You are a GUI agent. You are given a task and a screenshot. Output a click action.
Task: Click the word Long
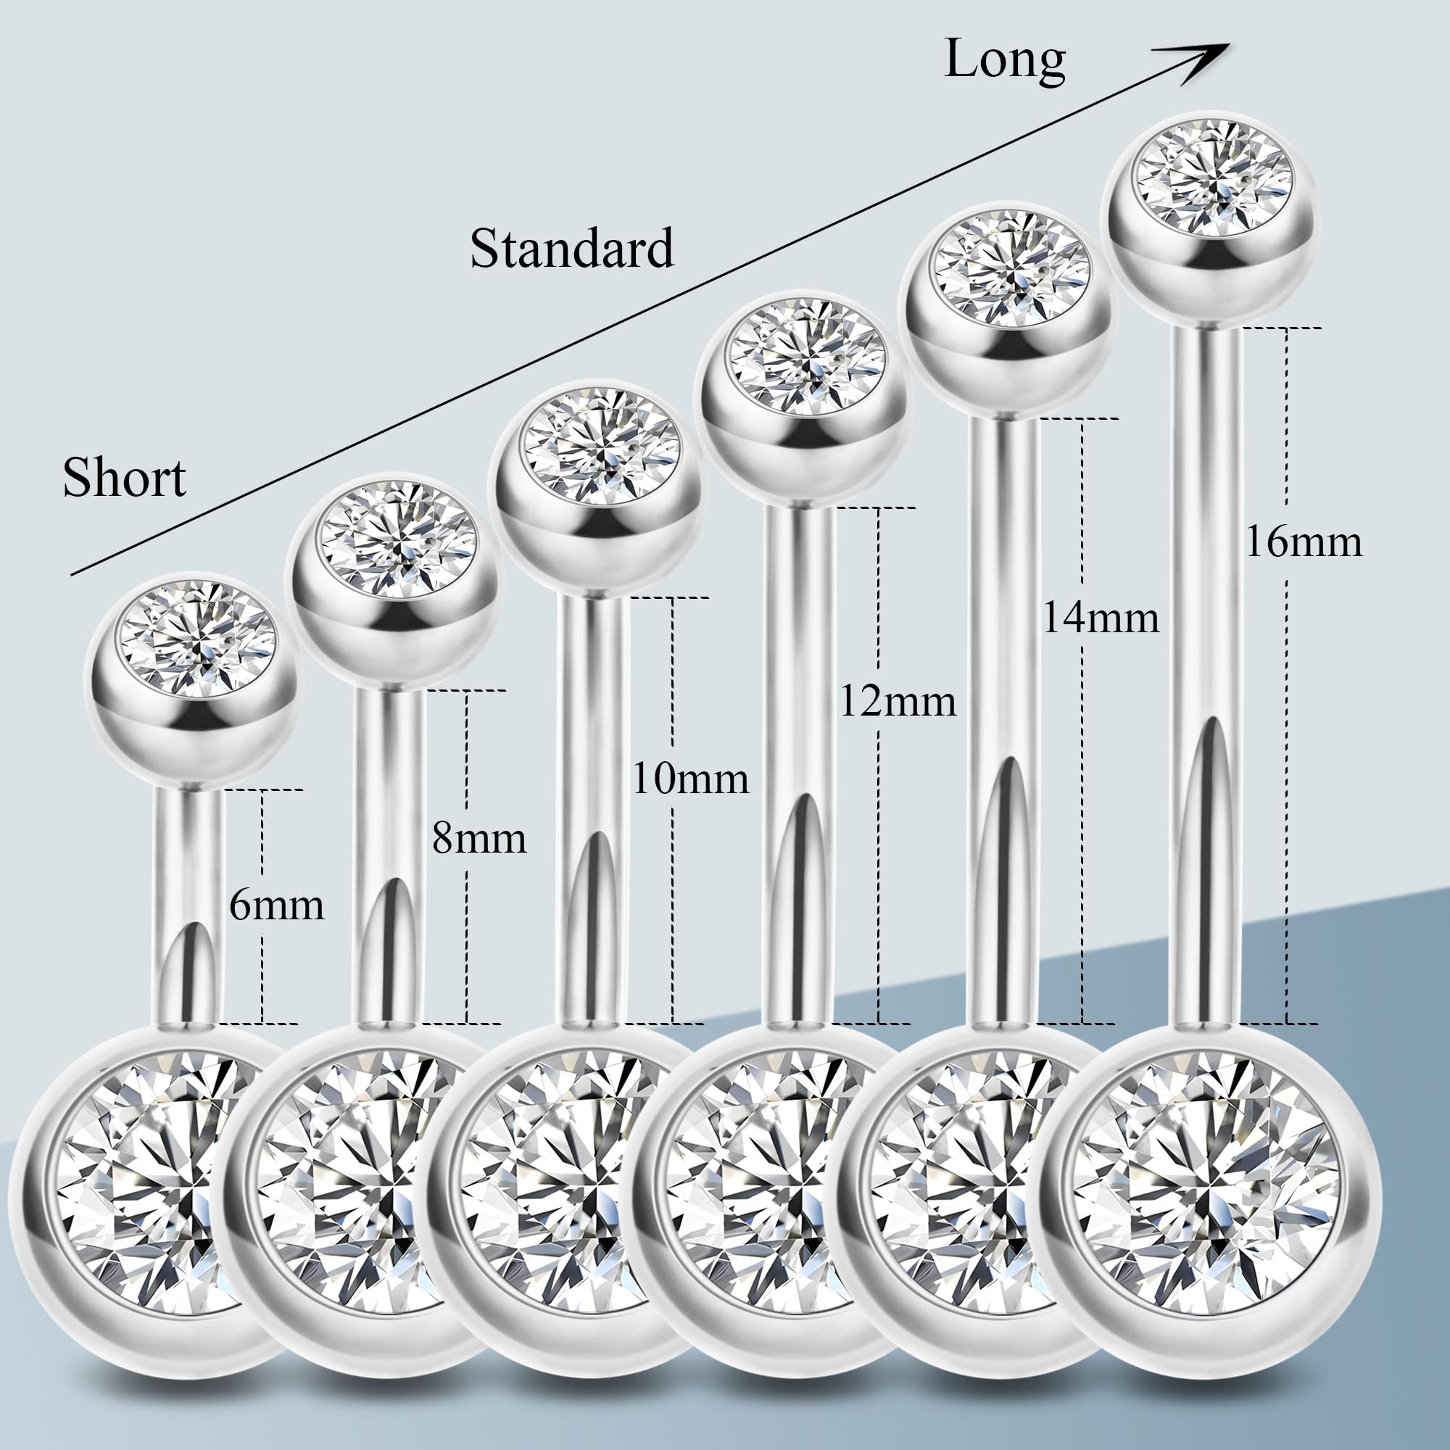click(x=1004, y=60)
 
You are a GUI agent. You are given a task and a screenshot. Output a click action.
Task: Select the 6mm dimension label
click(x=276, y=905)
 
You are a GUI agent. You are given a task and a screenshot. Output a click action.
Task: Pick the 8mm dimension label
click(x=478, y=837)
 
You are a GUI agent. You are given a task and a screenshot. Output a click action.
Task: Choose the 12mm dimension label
click(x=897, y=702)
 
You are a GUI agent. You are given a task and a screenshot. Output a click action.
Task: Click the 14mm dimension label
click(x=1101, y=618)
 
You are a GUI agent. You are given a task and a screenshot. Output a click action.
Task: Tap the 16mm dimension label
click(x=1304, y=541)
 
